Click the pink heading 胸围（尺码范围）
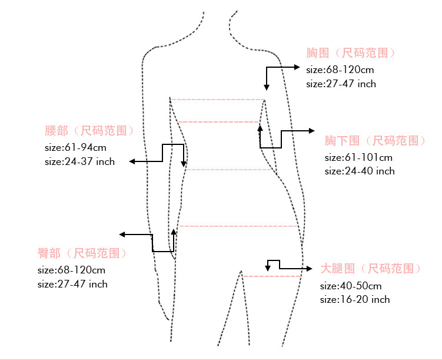[351, 53]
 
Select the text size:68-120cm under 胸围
[340, 70]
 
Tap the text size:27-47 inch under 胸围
[341, 84]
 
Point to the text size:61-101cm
[358, 157]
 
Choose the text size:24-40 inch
[360, 171]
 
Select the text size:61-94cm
[76, 147]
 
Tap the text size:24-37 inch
[79, 161]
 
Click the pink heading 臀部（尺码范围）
[82, 253]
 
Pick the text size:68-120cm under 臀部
[71, 270]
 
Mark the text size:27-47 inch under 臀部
[72, 284]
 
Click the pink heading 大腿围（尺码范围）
[371, 269]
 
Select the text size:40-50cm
[351, 286]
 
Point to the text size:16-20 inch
[355, 299]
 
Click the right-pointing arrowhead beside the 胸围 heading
[297, 68]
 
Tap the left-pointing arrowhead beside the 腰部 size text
[133, 161]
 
